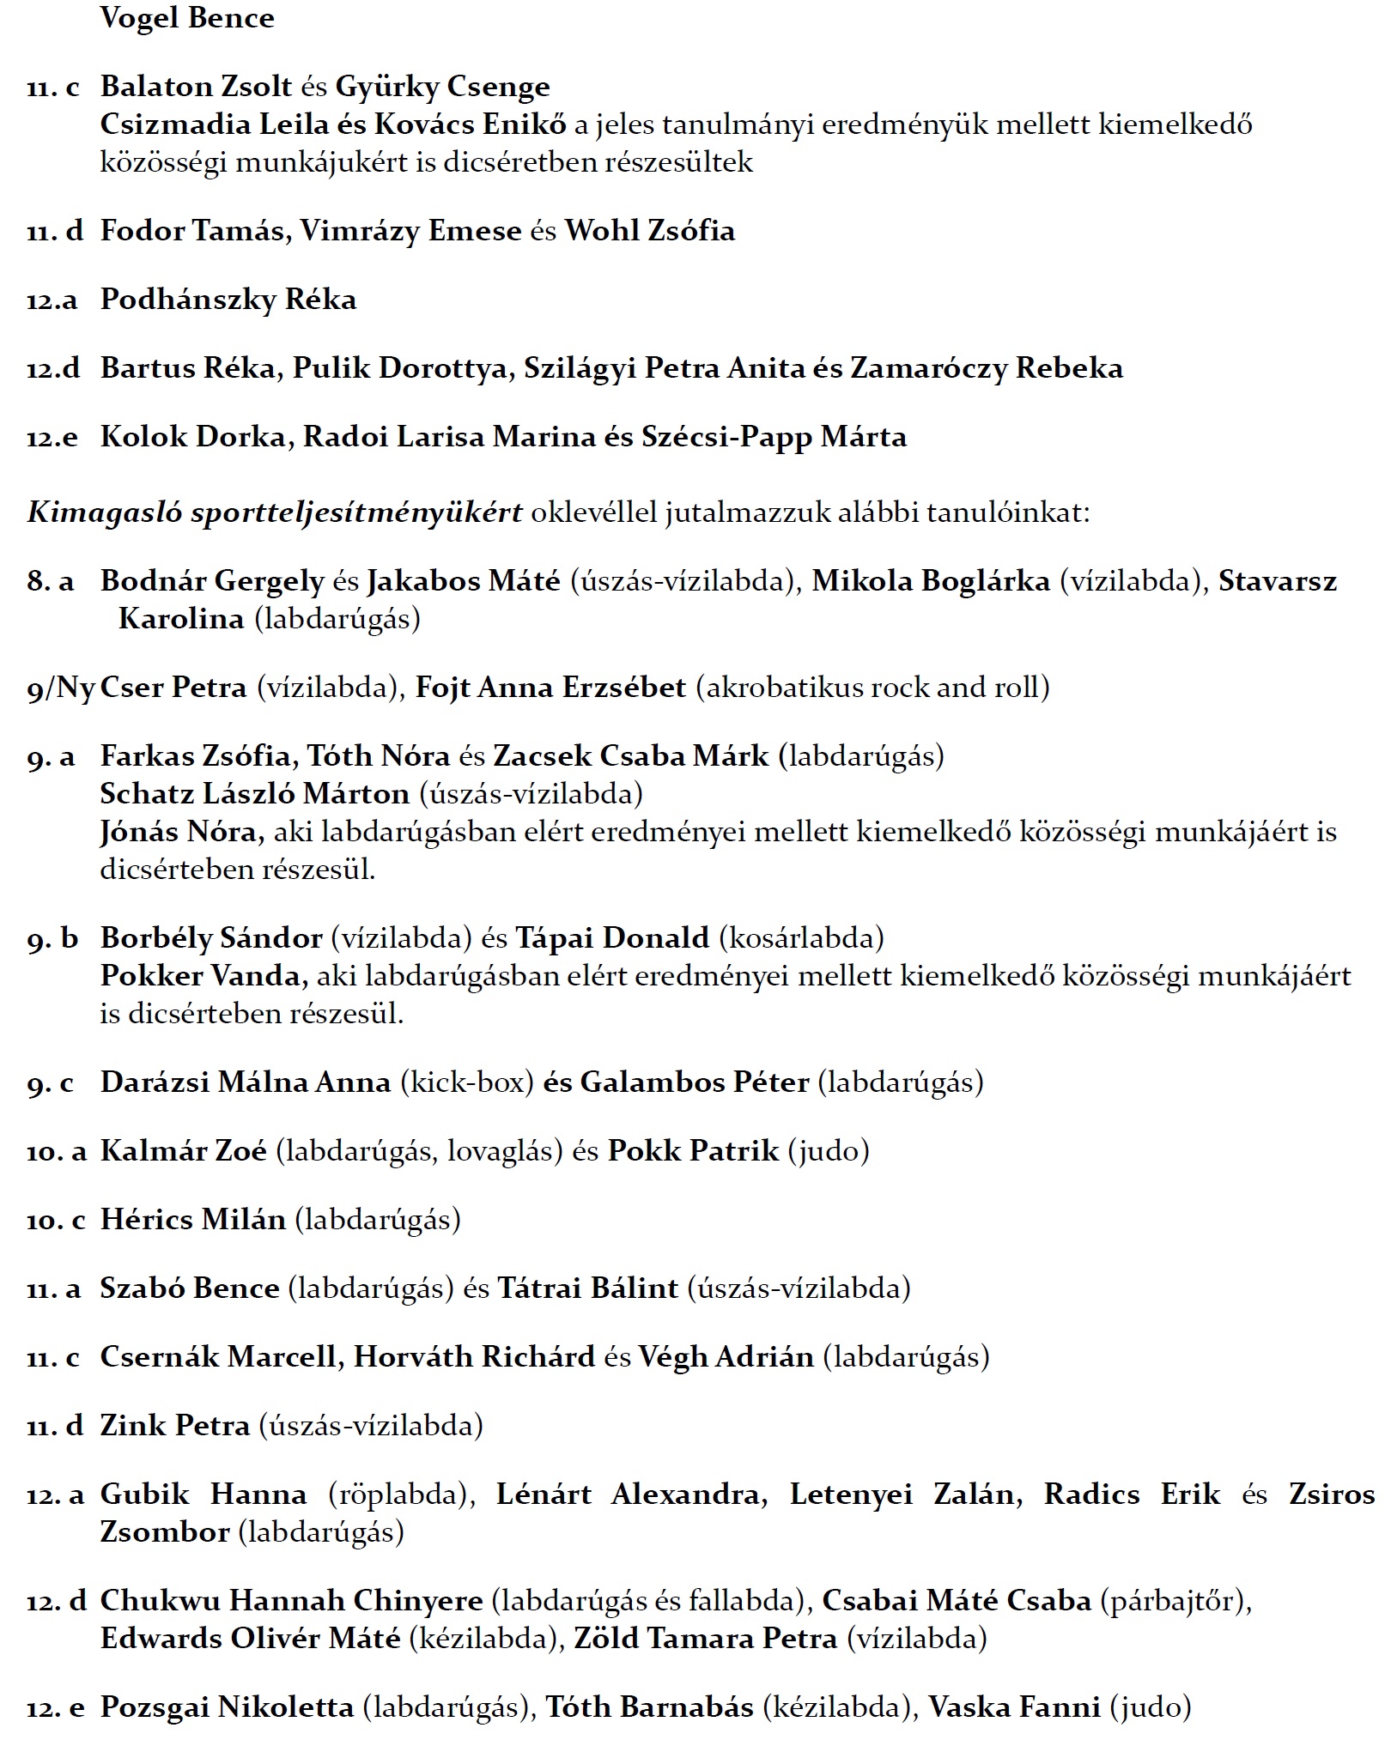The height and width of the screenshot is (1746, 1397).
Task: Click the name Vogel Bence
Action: [187, 18]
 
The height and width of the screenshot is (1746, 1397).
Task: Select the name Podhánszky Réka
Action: [228, 300]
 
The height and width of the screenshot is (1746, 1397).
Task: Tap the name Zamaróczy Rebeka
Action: [987, 368]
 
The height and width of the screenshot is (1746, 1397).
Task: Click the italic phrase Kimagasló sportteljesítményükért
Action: [275, 512]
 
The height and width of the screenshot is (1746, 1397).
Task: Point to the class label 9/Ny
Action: [60, 688]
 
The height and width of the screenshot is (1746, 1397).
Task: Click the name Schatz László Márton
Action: [255, 794]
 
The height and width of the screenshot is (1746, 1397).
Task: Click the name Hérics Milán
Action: [193, 1220]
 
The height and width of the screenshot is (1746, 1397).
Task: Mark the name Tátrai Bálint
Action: [588, 1288]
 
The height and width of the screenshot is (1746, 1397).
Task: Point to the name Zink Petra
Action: [175, 1426]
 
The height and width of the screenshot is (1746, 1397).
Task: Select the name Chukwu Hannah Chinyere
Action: [292, 1601]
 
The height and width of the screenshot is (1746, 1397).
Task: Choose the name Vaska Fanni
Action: [1015, 1707]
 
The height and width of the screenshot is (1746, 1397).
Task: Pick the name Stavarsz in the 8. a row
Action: [1278, 581]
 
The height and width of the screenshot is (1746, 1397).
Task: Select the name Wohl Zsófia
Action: [649, 231]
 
